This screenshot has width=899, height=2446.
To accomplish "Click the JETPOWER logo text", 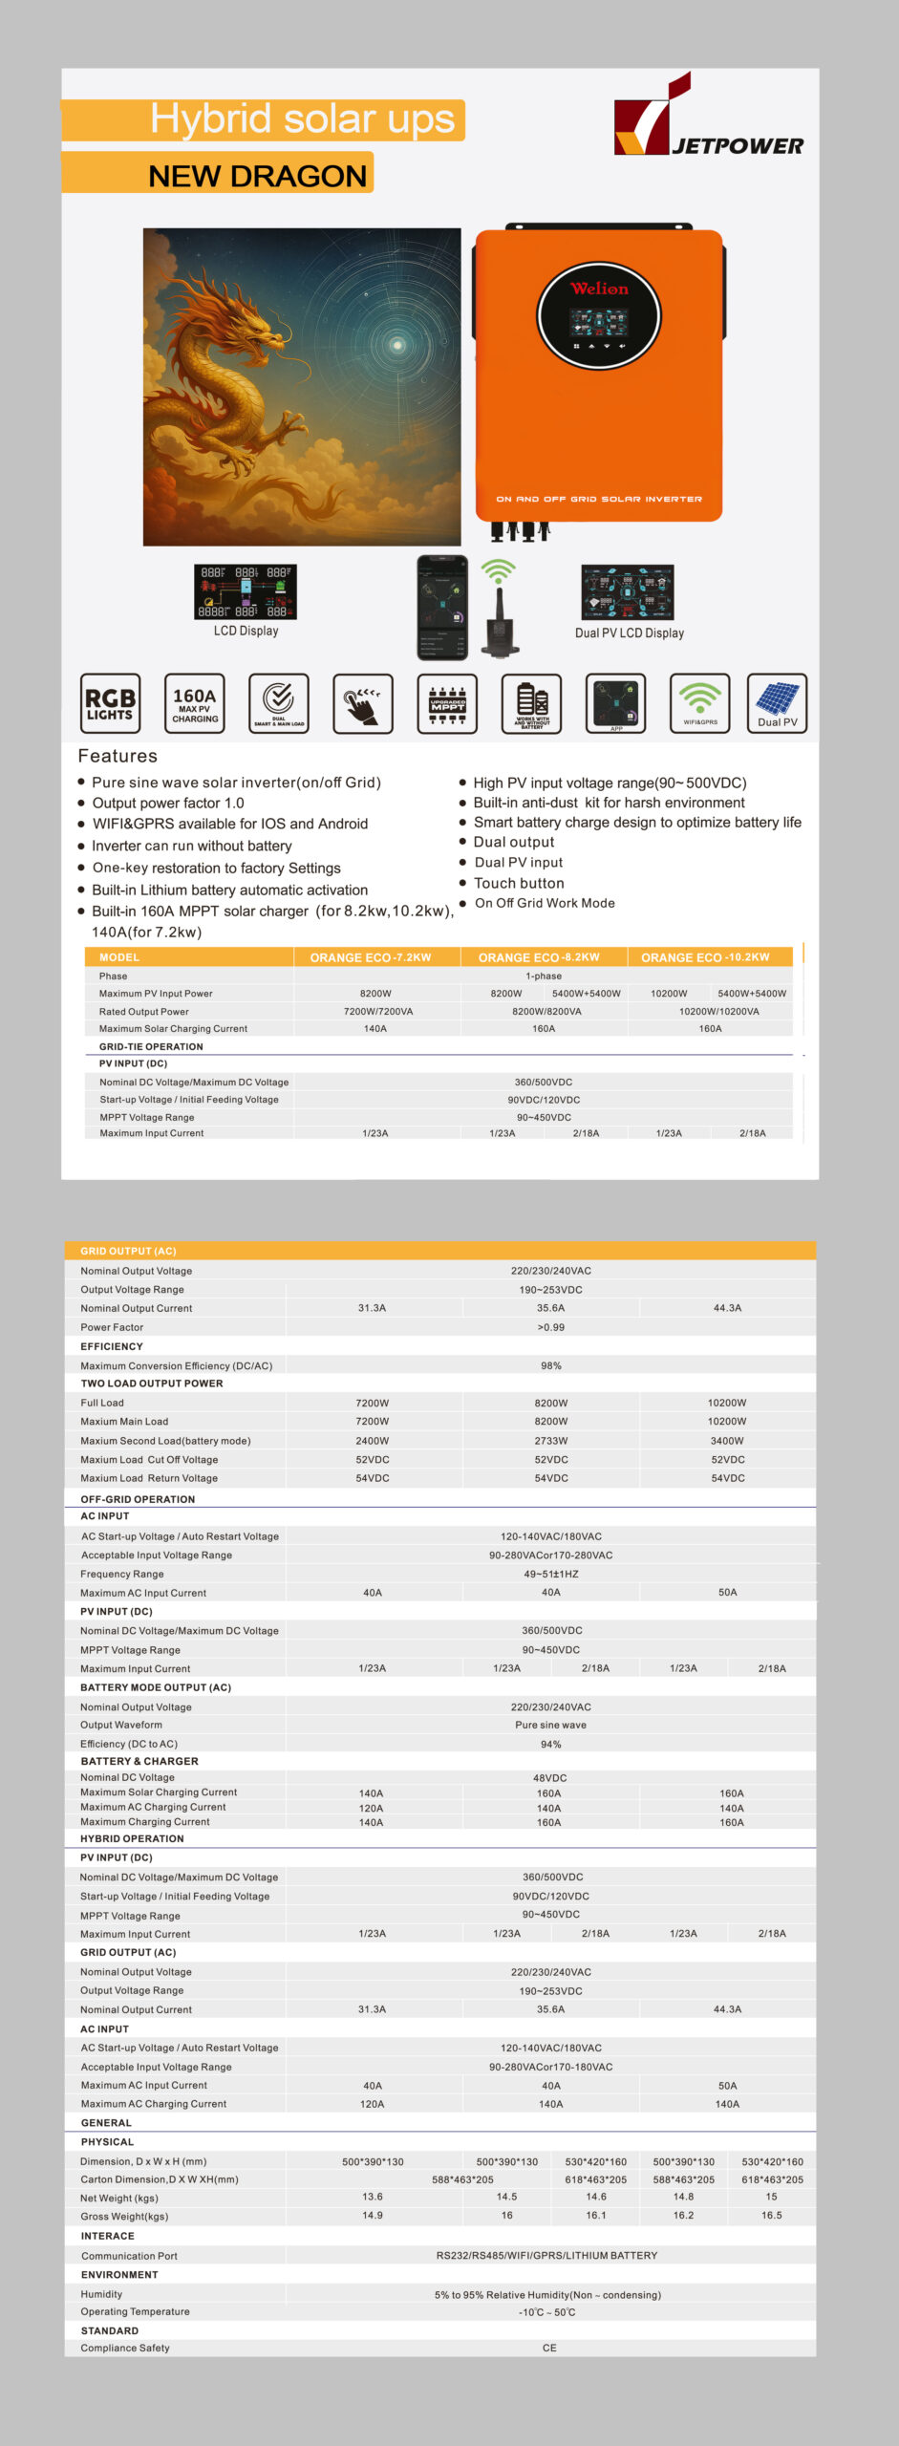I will [x=738, y=146].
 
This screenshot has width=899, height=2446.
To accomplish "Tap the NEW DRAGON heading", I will [x=257, y=177].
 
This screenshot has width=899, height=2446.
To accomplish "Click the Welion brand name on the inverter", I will [x=599, y=289].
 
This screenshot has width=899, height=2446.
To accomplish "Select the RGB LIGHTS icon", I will [x=111, y=703].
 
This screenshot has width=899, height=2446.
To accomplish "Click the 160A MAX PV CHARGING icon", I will [x=195, y=703].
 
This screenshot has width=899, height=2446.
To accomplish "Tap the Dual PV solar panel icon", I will [x=777, y=703].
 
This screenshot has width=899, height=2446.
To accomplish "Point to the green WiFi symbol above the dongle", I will [x=498, y=572].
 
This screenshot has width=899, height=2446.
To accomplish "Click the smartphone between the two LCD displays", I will [x=442, y=608].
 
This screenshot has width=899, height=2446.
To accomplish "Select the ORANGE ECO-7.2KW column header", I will [x=371, y=957].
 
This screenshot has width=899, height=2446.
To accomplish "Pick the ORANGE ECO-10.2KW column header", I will [x=705, y=957].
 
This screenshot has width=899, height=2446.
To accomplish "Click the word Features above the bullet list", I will [x=118, y=756].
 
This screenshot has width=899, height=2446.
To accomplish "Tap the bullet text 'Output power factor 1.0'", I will [x=168, y=804].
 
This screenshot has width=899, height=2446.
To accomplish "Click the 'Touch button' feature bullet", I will [x=519, y=884].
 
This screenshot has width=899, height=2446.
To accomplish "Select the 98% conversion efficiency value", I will [x=551, y=1366].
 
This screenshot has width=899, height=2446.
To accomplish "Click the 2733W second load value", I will [x=551, y=1441].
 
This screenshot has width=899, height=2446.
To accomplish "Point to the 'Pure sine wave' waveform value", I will [x=551, y=1726].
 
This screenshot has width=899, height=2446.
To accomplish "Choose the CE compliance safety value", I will [x=549, y=2348].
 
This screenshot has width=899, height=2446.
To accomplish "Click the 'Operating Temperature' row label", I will [x=135, y=2312].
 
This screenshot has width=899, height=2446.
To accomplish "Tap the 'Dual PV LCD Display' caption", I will [x=630, y=633].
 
